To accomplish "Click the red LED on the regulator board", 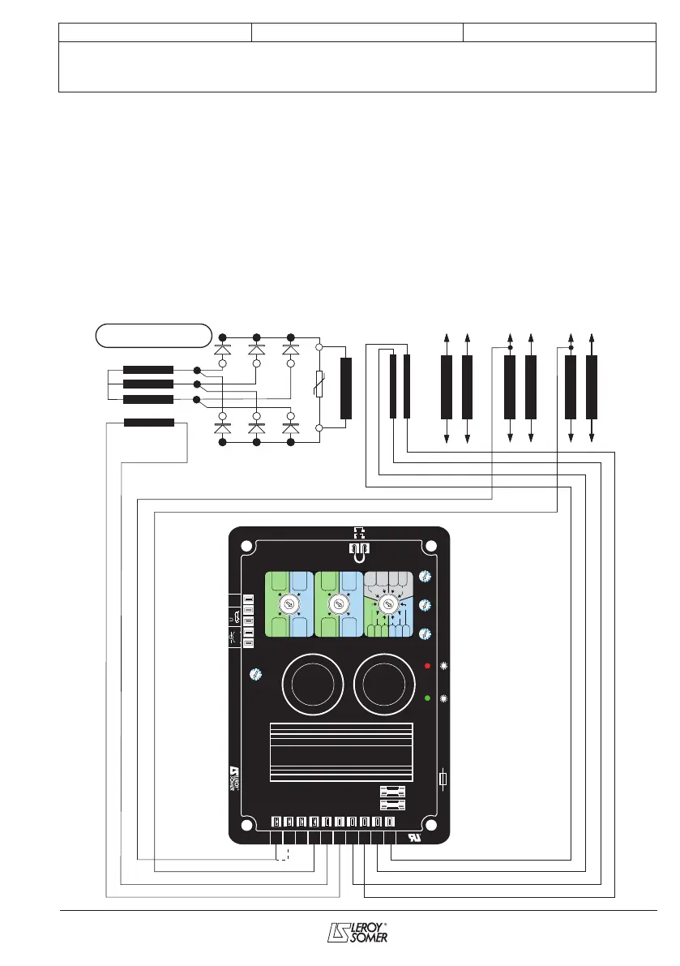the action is tap(428, 666).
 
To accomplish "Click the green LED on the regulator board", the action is tap(428, 698).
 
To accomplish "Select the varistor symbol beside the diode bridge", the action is tap(319, 388).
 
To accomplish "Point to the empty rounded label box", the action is tap(153, 334).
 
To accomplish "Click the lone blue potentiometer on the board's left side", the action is tap(255, 674).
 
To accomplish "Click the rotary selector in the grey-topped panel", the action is tap(388, 605).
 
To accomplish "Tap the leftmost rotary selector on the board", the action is tap(287, 605).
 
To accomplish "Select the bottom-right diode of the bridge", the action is tap(291, 427).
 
